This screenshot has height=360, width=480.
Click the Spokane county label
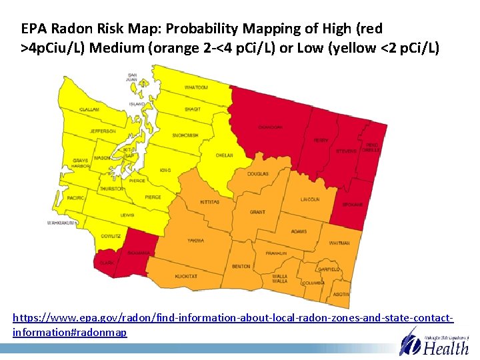353,204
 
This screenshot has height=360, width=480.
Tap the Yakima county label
195,240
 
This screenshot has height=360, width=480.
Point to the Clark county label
107,263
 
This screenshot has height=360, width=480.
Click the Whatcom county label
196,87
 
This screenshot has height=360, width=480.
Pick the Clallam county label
89,109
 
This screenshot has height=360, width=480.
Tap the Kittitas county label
209,202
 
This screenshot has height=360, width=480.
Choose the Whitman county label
339,243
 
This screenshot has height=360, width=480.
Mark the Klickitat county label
186,276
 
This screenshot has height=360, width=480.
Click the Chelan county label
225,155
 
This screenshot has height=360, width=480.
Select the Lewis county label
127,215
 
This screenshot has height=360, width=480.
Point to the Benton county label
241,267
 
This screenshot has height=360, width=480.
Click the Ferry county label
321,141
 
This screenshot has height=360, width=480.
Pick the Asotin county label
341,294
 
